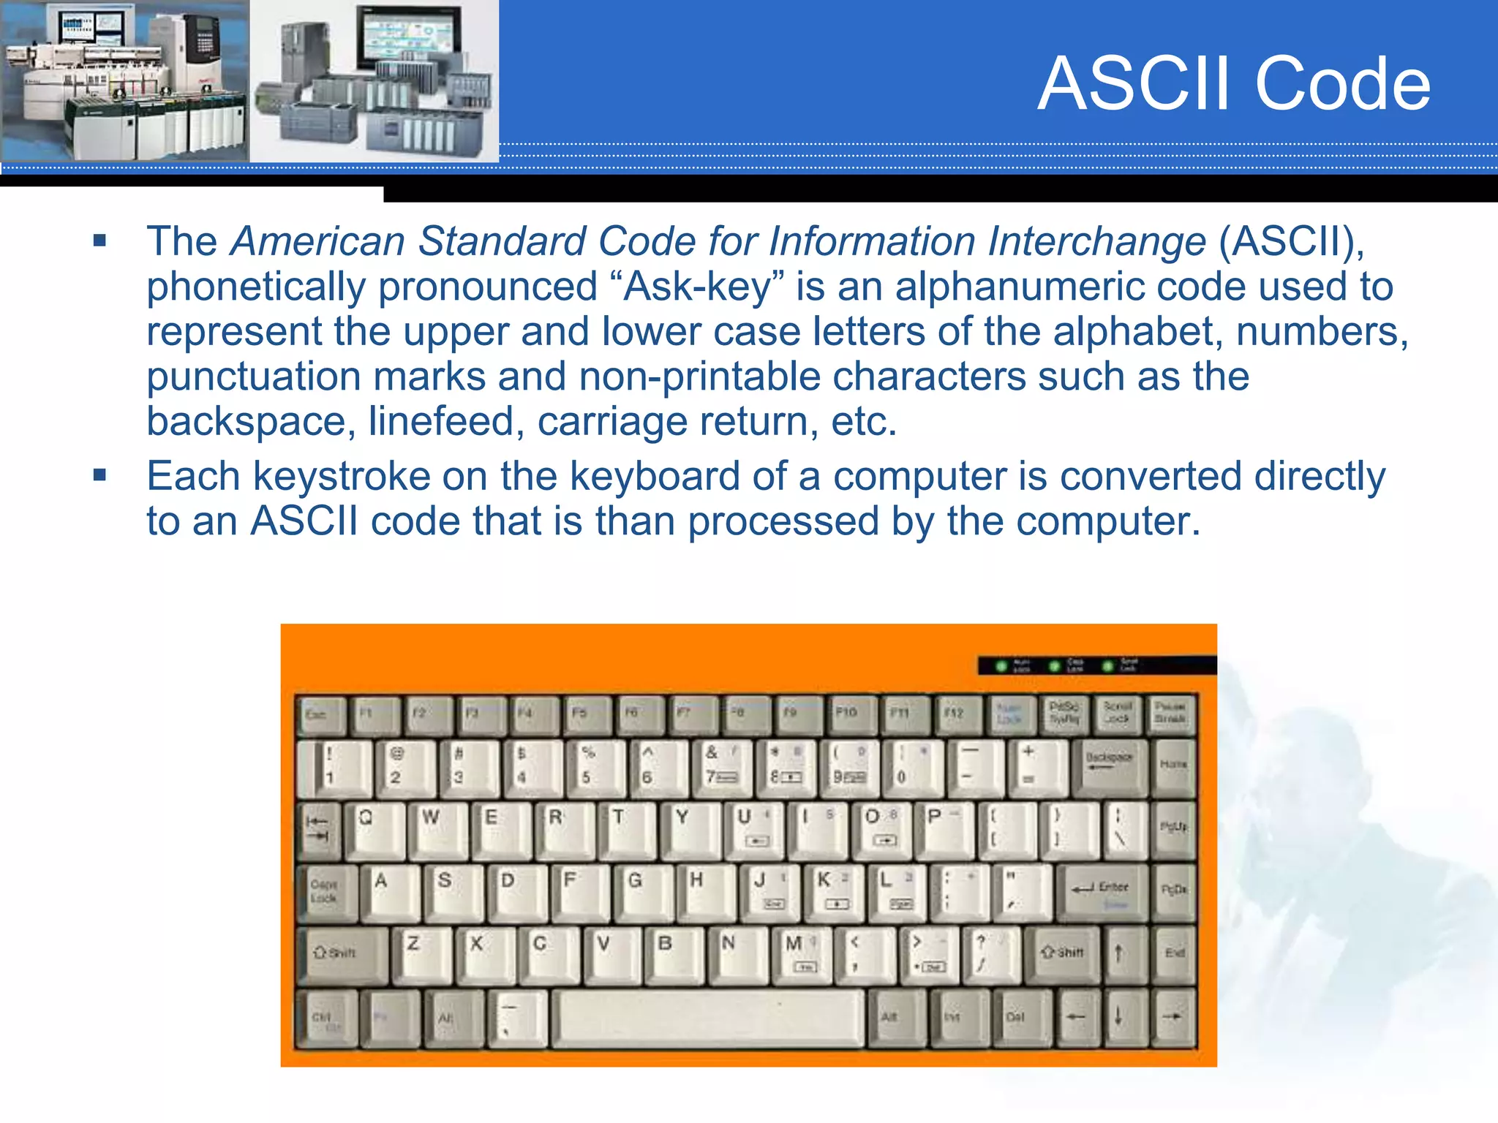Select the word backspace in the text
pyautogui.click(x=246, y=422)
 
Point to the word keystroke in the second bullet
pyautogui.click(x=341, y=477)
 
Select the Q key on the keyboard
pyautogui.click(x=372, y=828)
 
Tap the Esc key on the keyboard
pyautogui.click(x=320, y=714)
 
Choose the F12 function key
pyautogui.click(x=955, y=714)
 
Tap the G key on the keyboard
pyautogui.click(x=641, y=891)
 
